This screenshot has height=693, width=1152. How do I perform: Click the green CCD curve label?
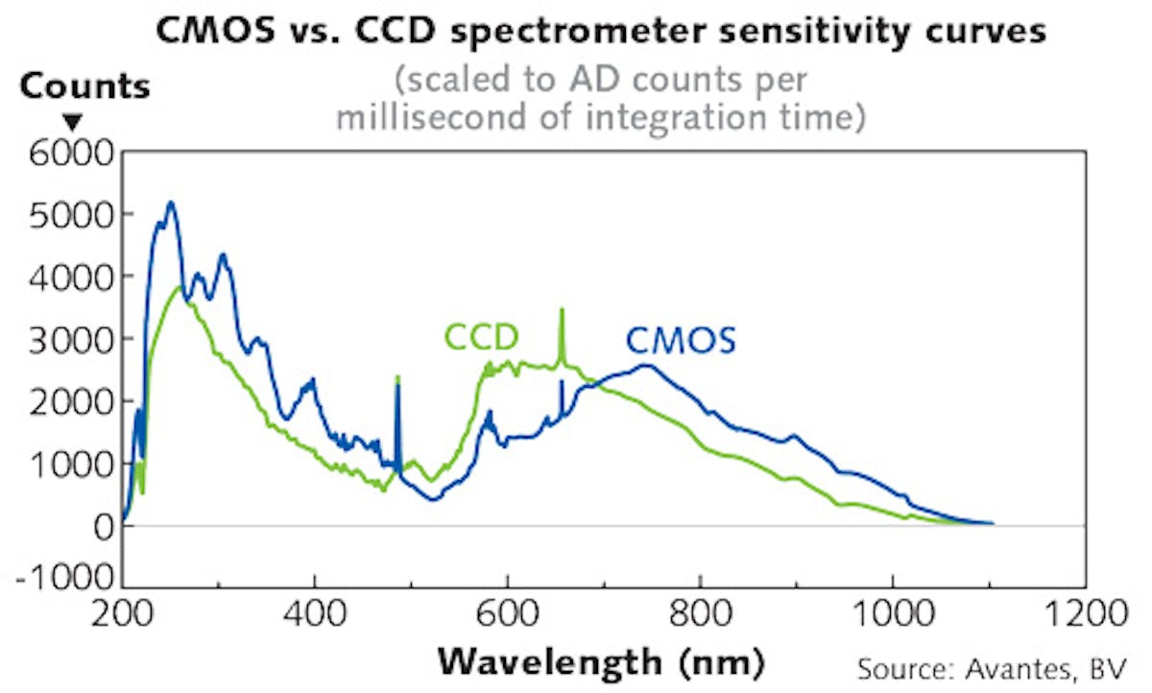point(481,337)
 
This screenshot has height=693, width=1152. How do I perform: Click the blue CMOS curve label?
point(681,340)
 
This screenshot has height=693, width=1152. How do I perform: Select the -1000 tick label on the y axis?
point(63,586)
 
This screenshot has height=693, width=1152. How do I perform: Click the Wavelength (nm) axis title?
point(601,662)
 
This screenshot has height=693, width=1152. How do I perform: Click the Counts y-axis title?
point(84,86)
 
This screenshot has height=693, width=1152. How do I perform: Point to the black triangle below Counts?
point(73,122)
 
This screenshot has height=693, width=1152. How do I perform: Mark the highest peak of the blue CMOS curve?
point(171,203)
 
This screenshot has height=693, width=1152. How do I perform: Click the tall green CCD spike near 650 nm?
point(563,311)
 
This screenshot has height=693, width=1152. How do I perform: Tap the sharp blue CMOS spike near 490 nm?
point(397,379)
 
